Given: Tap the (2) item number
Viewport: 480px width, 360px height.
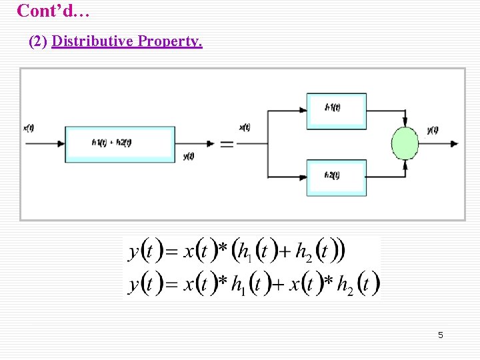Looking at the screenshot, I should pos(39,41).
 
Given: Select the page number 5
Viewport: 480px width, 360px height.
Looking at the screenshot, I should pos(440,335).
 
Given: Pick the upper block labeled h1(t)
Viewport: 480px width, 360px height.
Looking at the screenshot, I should pos(336,111).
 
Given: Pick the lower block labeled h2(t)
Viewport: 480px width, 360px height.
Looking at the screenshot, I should pos(336,177).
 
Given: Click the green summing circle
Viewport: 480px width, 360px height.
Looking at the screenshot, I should pos(405,143).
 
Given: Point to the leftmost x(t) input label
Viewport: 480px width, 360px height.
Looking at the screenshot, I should pos(29,128).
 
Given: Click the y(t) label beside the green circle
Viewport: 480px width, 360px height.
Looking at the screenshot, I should pos(433,130).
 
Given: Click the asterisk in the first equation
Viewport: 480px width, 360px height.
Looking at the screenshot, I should pos(223,249).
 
